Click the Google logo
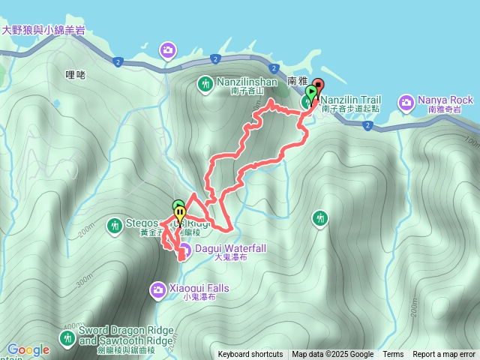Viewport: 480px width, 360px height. [28, 349]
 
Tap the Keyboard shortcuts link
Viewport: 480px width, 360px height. [250, 355]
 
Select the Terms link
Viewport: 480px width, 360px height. [393, 355]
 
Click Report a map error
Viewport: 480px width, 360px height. [444, 355]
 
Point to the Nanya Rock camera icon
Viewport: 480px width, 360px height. [406, 101]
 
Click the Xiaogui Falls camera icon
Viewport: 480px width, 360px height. [158, 289]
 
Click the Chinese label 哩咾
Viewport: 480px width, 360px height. [76, 74]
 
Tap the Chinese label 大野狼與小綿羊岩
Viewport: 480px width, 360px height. [43, 31]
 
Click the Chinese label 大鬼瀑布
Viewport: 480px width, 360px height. [230, 257]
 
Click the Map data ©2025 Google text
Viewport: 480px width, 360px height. [333, 355]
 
